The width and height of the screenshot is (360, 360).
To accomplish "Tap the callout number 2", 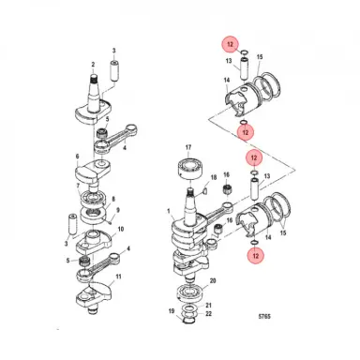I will (x=94, y=64).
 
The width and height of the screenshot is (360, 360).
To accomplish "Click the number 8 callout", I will (x=115, y=199).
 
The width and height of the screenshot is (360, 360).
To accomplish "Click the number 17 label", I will (x=187, y=147).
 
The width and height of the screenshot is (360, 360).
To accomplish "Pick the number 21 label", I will (x=209, y=306).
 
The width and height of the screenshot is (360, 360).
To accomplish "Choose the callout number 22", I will (x=209, y=315).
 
